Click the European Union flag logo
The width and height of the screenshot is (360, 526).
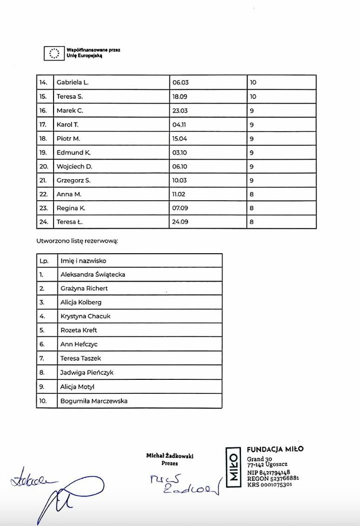click(53, 53)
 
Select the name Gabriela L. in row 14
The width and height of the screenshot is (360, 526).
click(72, 83)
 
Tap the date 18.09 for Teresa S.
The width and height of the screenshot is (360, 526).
click(180, 97)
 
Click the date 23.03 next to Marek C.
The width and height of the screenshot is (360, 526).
click(180, 111)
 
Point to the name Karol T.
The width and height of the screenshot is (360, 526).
click(67, 125)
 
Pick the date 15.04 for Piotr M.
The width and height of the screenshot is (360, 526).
click(180, 139)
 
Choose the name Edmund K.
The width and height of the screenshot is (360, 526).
click(73, 153)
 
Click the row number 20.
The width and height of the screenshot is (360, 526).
click(43, 167)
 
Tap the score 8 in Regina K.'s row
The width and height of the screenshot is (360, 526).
click(252, 208)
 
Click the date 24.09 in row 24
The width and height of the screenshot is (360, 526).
click(180, 222)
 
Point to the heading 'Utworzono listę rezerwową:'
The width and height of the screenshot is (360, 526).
click(77, 241)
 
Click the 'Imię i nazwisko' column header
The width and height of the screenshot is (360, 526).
click(83, 261)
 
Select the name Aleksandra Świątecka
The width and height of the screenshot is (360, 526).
click(92, 275)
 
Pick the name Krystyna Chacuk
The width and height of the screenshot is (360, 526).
click(85, 316)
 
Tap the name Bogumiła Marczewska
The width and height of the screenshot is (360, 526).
click(94, 401)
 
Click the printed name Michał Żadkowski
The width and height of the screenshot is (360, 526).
click(169, 456)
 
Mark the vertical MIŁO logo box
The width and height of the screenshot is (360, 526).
click(233, 466)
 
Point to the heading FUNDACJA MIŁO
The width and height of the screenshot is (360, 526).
click(275, 449)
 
